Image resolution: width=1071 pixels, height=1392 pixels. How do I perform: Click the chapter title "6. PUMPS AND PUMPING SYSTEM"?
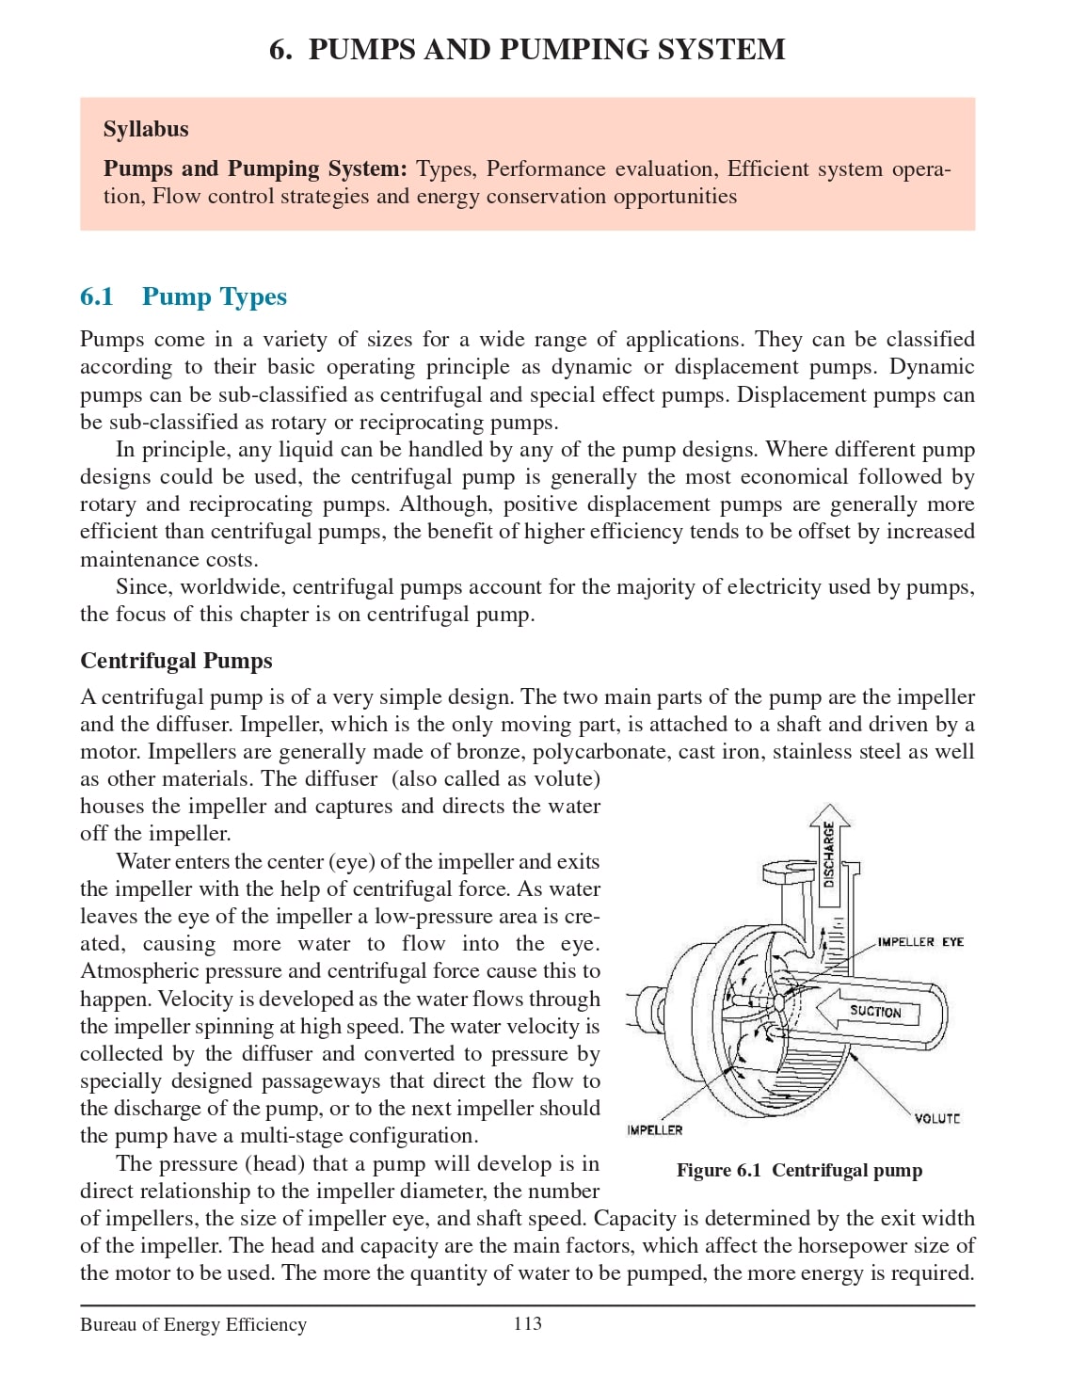coord(527,49)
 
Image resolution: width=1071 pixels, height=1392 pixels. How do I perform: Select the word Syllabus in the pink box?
coord(146,129)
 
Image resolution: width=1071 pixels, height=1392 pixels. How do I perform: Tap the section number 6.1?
coord(96,296)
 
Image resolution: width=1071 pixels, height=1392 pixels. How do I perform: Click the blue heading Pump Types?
coord(215,296)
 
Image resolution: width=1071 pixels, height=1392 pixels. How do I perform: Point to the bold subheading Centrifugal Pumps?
coord(176,661)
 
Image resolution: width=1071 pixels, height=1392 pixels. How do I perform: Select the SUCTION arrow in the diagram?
coord(874,1011)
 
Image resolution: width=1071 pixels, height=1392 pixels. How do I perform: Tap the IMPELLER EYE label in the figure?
coord(919,941)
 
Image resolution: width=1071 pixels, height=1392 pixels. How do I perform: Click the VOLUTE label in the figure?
coord(936,1118)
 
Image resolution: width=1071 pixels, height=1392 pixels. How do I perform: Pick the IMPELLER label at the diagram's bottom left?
coord(654,1129)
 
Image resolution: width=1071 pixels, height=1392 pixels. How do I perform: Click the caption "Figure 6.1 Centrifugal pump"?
coord(799,1170)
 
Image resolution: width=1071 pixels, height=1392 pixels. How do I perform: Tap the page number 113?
coord(527,1323)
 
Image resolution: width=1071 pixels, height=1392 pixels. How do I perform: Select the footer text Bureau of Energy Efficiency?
coord(193,1324)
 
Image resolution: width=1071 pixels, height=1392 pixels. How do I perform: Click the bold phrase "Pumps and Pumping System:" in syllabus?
coord(255,168)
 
